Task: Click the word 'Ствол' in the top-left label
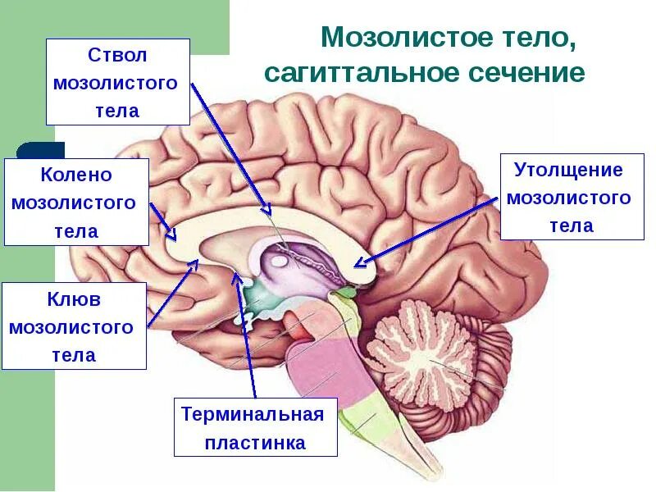point(116,57)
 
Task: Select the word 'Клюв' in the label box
point(74,299)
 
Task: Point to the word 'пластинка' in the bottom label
point(255,443)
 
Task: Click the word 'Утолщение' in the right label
point(568,171)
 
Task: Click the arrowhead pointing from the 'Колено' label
point(172,236)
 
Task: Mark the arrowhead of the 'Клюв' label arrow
point(195,263)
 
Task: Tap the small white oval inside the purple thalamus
point(280,261)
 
